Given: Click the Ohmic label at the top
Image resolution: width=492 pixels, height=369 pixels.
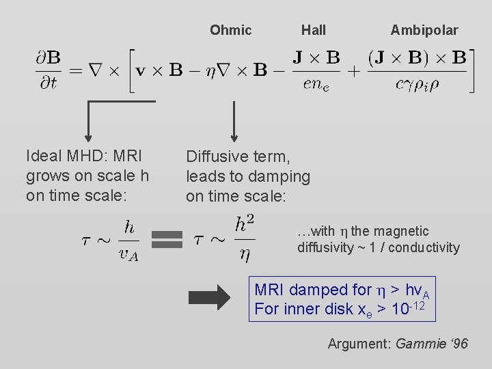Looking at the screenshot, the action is point(230,30).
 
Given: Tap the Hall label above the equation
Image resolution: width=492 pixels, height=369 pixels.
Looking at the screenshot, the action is point(314,30).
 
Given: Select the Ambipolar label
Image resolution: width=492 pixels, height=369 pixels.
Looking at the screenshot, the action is point(424,30).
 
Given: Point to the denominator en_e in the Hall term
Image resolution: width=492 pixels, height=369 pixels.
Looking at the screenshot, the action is point(316,85).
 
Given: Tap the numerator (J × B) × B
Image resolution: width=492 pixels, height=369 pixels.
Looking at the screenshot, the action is point(417,57).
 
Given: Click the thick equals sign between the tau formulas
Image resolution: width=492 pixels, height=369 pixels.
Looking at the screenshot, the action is point(167,238).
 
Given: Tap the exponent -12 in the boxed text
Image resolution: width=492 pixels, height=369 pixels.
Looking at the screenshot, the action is point(418,304).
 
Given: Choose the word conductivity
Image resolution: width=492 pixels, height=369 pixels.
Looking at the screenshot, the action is point(426,247).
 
